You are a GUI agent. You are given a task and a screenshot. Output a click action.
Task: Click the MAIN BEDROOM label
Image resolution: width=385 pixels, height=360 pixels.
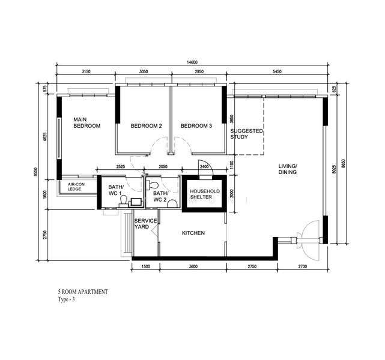click(x=87, y=122)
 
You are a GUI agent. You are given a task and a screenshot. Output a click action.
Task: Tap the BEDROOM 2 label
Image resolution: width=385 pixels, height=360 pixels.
click(x=147, y=126)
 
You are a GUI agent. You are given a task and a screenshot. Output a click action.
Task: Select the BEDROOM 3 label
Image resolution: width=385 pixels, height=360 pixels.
click(x=196, y=126)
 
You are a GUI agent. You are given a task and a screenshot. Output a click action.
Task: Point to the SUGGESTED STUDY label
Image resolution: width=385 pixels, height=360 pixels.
click(x=246, y=134)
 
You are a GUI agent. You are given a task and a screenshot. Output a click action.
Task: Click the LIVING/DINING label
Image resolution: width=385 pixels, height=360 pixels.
click(x=288, y=169)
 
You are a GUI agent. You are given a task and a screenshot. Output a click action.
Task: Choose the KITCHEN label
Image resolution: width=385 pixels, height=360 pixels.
click(x=193, y=233)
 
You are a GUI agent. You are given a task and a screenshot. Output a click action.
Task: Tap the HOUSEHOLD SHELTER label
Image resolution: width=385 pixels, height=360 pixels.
click(x=205, y=194)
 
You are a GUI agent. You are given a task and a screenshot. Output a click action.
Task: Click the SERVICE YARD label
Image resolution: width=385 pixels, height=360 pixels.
click(x=145, y=224)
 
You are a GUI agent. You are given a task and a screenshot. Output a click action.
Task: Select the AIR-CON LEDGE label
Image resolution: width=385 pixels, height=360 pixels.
click(x=76, y=187)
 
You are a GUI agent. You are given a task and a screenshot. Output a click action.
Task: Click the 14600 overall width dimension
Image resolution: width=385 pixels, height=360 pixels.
click(x=192, y=62)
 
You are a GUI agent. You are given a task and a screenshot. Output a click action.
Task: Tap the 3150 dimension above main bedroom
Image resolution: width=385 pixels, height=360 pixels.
click(x=86, y=71)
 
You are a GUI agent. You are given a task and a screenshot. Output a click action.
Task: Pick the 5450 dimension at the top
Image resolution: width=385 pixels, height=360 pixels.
click(x=277, y=71)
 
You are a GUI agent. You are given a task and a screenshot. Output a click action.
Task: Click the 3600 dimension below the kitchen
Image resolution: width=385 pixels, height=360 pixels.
click(x=193, y=266)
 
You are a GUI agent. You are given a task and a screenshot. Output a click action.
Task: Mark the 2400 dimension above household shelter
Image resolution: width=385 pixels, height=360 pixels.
click(x=204, y=167)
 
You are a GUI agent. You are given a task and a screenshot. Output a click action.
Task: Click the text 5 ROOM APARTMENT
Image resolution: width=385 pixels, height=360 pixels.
click(x=83, y=292)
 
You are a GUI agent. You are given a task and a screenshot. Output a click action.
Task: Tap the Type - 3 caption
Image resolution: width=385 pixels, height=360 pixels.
click(x=66, y=299)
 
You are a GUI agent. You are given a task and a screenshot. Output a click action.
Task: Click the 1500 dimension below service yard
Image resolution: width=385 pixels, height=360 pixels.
click(x=146, y=266)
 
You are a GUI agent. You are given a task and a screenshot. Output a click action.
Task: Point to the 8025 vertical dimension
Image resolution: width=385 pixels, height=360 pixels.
click(x=334, y=169)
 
